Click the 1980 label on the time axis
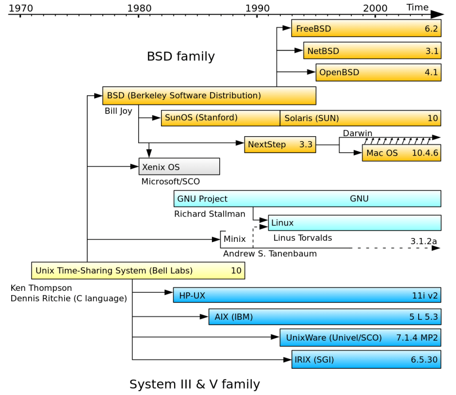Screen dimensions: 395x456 click(138, 8)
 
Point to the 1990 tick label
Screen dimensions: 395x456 click(257, 8)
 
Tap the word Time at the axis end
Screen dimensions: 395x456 click(417, 7)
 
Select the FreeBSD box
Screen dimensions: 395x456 click(366, 29)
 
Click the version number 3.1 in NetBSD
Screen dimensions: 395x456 click(432, 51)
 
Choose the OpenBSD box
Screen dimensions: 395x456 click(378, 73)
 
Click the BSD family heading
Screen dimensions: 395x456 click(180, 57)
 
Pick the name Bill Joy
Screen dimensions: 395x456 click(118, 111)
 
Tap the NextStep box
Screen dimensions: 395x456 click(280, 144)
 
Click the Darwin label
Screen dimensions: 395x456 click(358, 133)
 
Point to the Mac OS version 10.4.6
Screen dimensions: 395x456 click(425, 153)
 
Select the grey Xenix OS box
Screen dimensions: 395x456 click(179, 167)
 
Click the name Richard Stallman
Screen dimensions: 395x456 click(210, 214)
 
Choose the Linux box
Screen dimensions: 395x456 click(354, 223)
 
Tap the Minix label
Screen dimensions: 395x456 click(234, 239)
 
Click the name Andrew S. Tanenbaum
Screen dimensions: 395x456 click(270, 253)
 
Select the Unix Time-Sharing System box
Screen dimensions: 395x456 click(138, 271)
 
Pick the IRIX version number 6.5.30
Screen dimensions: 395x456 click(424, 360)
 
